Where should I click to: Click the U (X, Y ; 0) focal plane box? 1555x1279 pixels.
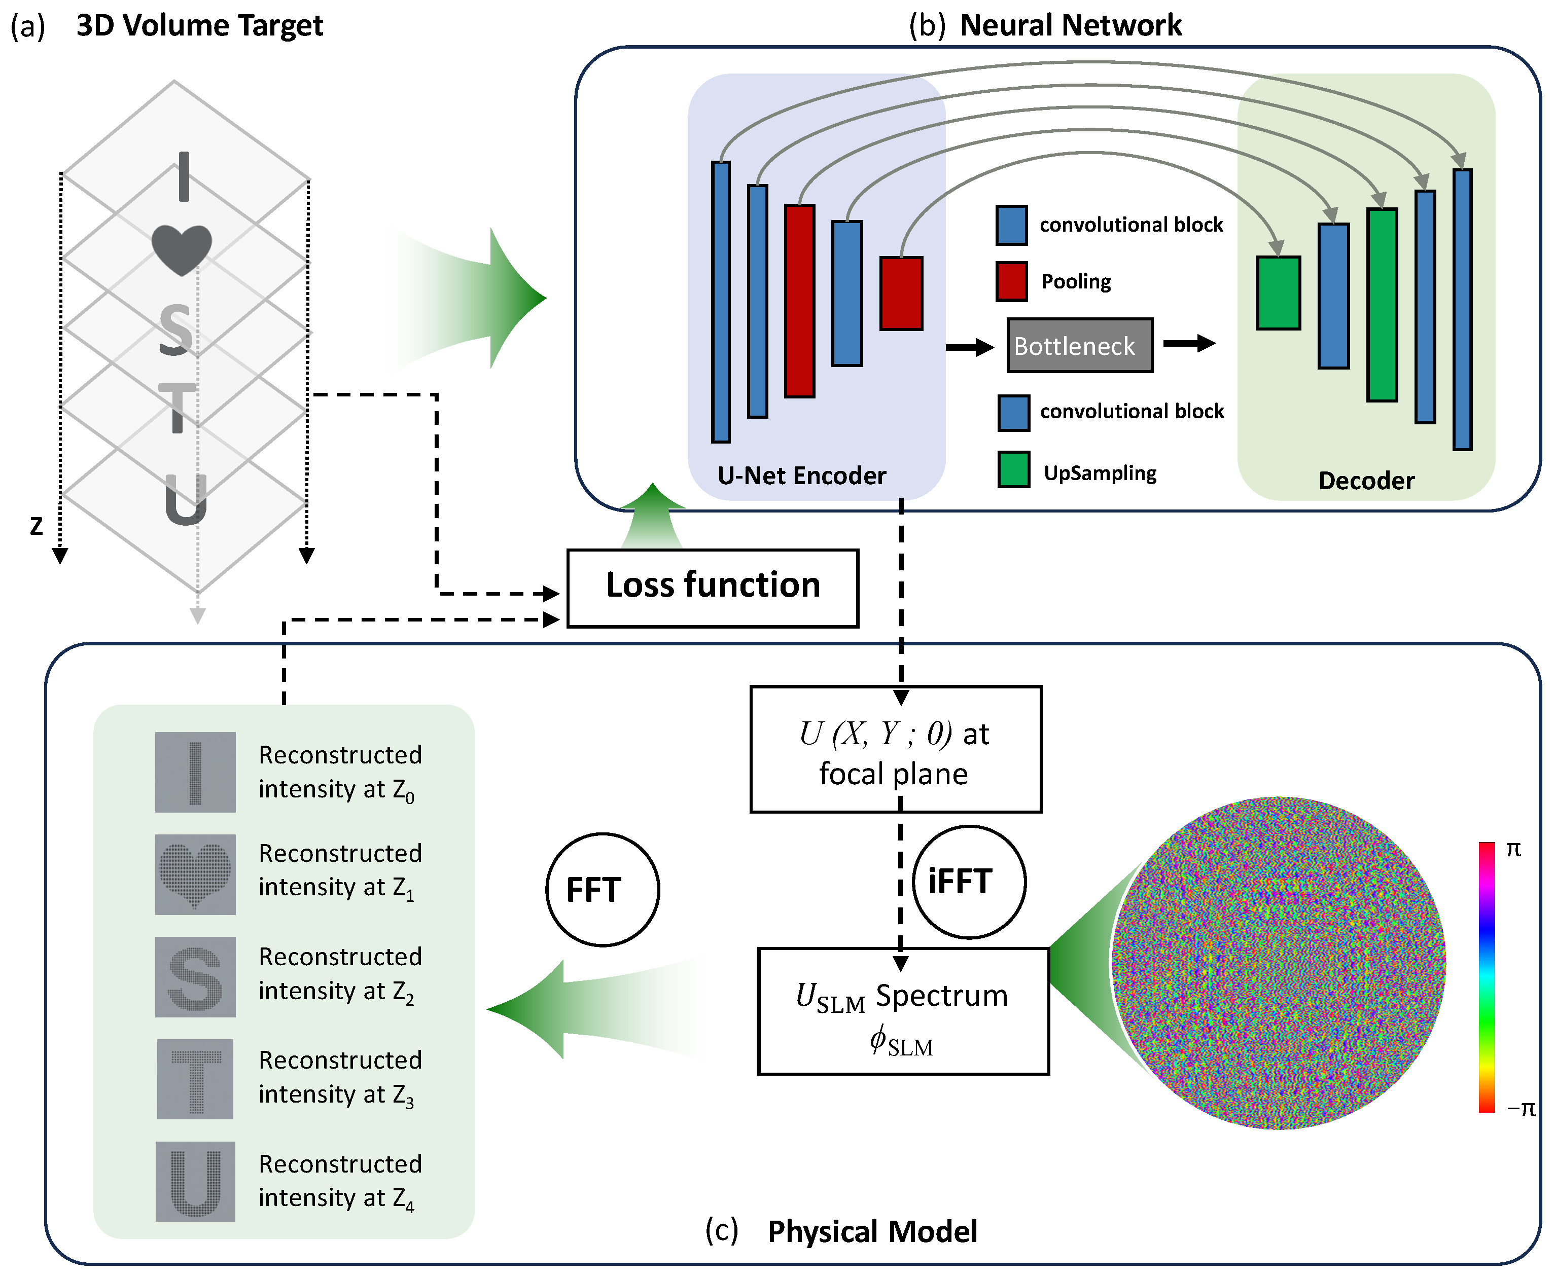tap(895, 749)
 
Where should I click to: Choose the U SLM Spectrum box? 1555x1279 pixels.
tap(903, 1011)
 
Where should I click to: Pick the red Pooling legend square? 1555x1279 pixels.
tap(1011, 281)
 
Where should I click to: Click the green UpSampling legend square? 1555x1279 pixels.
tap(1013, 470)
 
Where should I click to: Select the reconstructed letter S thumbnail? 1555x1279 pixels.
tap(195, 977)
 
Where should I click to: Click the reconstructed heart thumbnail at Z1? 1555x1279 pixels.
tap(195, 874)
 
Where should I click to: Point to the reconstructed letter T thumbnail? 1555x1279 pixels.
tap(195, 1079)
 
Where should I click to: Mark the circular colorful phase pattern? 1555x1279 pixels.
tap(1278, 962)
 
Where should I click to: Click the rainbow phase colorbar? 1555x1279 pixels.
tap(1487, 977)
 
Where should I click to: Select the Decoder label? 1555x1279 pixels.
tap(1366, 481)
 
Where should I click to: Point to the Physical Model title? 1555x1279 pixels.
tap(872, 1232)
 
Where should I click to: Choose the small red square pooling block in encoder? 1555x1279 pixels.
tap(901, 293)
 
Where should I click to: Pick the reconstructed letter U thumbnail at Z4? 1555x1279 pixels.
tap(195, 1182)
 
